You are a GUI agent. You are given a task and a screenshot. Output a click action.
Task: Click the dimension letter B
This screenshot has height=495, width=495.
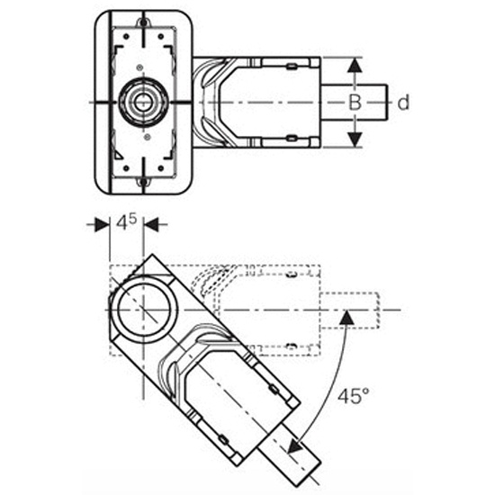click(355, 103)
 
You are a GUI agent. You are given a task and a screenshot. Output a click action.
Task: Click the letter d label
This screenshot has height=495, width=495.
click(403, 103)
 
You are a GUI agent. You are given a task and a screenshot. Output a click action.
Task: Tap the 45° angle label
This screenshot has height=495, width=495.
click(354, 396)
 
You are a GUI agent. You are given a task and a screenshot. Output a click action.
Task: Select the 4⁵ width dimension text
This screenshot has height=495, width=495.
click(127, 222)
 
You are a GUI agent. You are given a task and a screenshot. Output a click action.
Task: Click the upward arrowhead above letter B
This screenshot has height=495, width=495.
click(355, 66)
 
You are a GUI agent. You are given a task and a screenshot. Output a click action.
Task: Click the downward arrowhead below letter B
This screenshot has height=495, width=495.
click(355, 139)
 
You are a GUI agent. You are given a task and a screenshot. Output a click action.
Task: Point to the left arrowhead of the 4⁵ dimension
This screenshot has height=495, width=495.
click(103, 225)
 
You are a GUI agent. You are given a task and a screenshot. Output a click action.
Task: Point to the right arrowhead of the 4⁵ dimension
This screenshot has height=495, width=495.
click(151, 225)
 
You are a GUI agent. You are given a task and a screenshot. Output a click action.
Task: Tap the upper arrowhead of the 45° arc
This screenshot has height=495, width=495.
click(347, 318)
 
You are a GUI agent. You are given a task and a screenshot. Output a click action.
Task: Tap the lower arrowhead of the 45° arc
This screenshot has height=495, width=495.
click(296, 445)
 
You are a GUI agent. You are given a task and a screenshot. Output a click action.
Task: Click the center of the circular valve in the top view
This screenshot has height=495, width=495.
click(143, 102)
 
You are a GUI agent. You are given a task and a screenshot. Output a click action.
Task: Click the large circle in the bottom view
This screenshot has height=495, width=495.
click(143, 310)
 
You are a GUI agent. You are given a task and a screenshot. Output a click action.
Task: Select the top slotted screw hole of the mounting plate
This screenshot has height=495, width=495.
click(143, 22)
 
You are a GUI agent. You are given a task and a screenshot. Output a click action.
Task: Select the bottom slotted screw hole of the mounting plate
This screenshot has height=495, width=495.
click(143, 182)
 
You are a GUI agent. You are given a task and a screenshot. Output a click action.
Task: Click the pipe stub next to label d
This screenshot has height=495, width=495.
click(355, 103)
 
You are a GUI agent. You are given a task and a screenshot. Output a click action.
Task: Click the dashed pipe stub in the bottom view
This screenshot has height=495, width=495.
click(350, 310)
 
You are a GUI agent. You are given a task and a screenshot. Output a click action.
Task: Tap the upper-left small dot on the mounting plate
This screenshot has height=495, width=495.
click(126, 37)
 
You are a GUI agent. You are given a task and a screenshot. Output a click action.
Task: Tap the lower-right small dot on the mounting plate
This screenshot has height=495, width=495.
click(161, 168)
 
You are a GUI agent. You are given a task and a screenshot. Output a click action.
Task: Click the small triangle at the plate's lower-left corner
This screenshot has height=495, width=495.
click(117, 156)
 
